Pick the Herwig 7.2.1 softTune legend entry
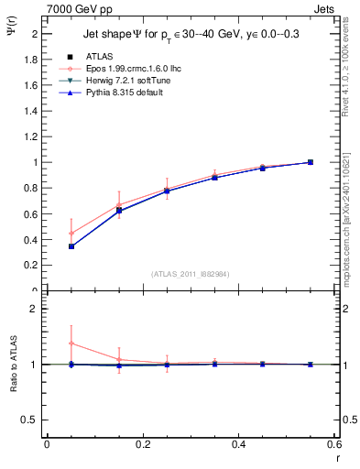pyautogui.click(x=115, y=81)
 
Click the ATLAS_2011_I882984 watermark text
pyautogui.click(x=190, y=273)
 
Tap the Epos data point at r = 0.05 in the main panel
pyautogui.click(x=71, y=233)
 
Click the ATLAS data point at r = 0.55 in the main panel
pyautogui.click(x=310, y=162)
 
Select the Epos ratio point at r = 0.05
pyautogui.click(x=71, y=344)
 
